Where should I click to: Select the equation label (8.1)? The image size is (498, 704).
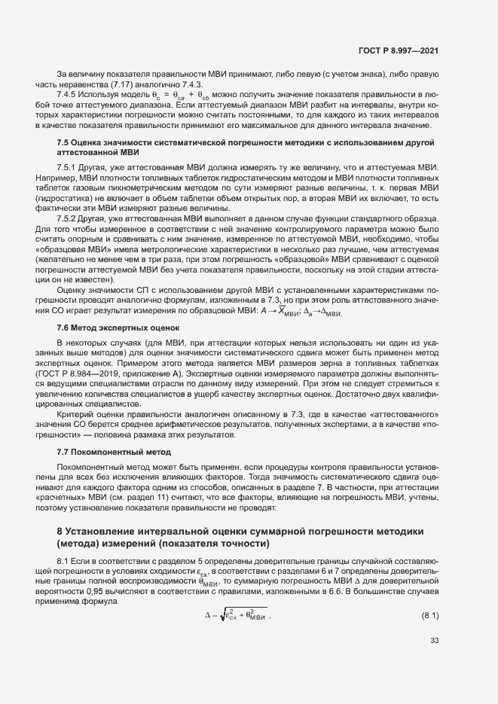pyautogui.click(x=429, y=617)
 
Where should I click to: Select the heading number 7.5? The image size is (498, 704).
pyautogui.click(x=63, y=142)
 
